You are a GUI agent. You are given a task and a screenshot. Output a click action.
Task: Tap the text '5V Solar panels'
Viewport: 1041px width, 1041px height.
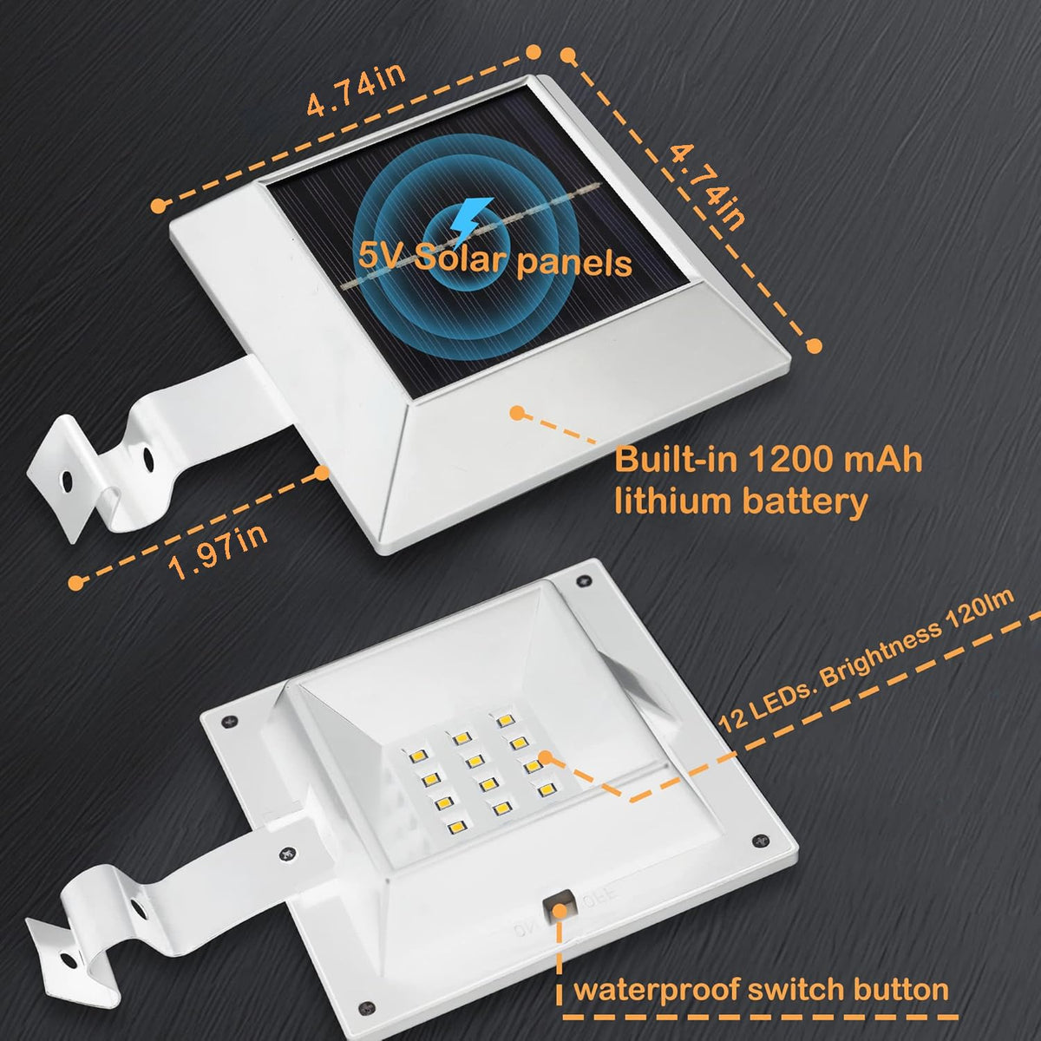click(494, 260)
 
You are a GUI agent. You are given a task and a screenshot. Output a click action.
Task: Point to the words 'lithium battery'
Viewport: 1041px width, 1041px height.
click(741, 502)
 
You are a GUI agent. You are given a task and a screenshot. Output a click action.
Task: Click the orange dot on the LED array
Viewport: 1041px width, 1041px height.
click(545, 757)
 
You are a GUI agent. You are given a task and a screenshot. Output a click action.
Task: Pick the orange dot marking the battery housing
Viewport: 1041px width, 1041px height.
click(518, 413)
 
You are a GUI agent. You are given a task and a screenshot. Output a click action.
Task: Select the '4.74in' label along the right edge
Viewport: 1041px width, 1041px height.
click(706, 187)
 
